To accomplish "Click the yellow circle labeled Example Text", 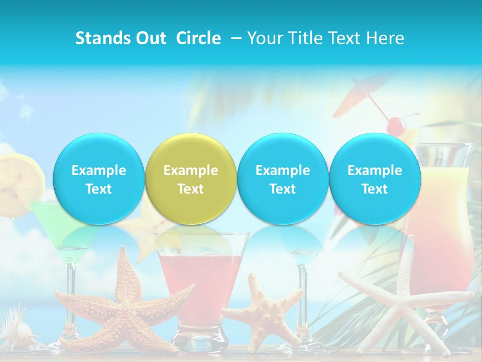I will point(191,179).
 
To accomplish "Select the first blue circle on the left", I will point(98,179).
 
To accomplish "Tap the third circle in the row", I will point(283,179).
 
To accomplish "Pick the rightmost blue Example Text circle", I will point(375,179).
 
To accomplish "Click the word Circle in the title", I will point(198,38).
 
